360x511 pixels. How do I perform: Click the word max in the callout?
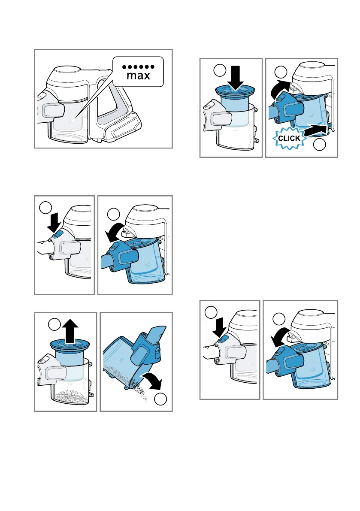click(x=139, y=76)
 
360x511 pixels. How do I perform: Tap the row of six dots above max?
click(x=139, y=67)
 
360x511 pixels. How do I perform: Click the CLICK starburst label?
click(x=289, y=139)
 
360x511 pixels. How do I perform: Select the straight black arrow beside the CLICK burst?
click(x=315, y=130)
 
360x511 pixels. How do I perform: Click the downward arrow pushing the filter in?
click(x=235, y=78)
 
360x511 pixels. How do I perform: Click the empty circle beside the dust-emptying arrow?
click(x=160, y=399)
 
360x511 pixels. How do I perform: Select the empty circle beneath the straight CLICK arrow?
click(x=320, y=144)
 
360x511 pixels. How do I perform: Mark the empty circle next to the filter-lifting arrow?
click(x=54, y=324)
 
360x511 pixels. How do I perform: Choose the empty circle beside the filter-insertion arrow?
click(x=220, y=70)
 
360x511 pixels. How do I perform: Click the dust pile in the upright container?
click(x=72, y=395)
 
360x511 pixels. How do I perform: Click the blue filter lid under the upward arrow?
click(x=70, y=344)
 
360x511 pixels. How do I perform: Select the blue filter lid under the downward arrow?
click(x=235, y=91)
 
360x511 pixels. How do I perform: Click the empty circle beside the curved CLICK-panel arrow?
click(x=281, y=72)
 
